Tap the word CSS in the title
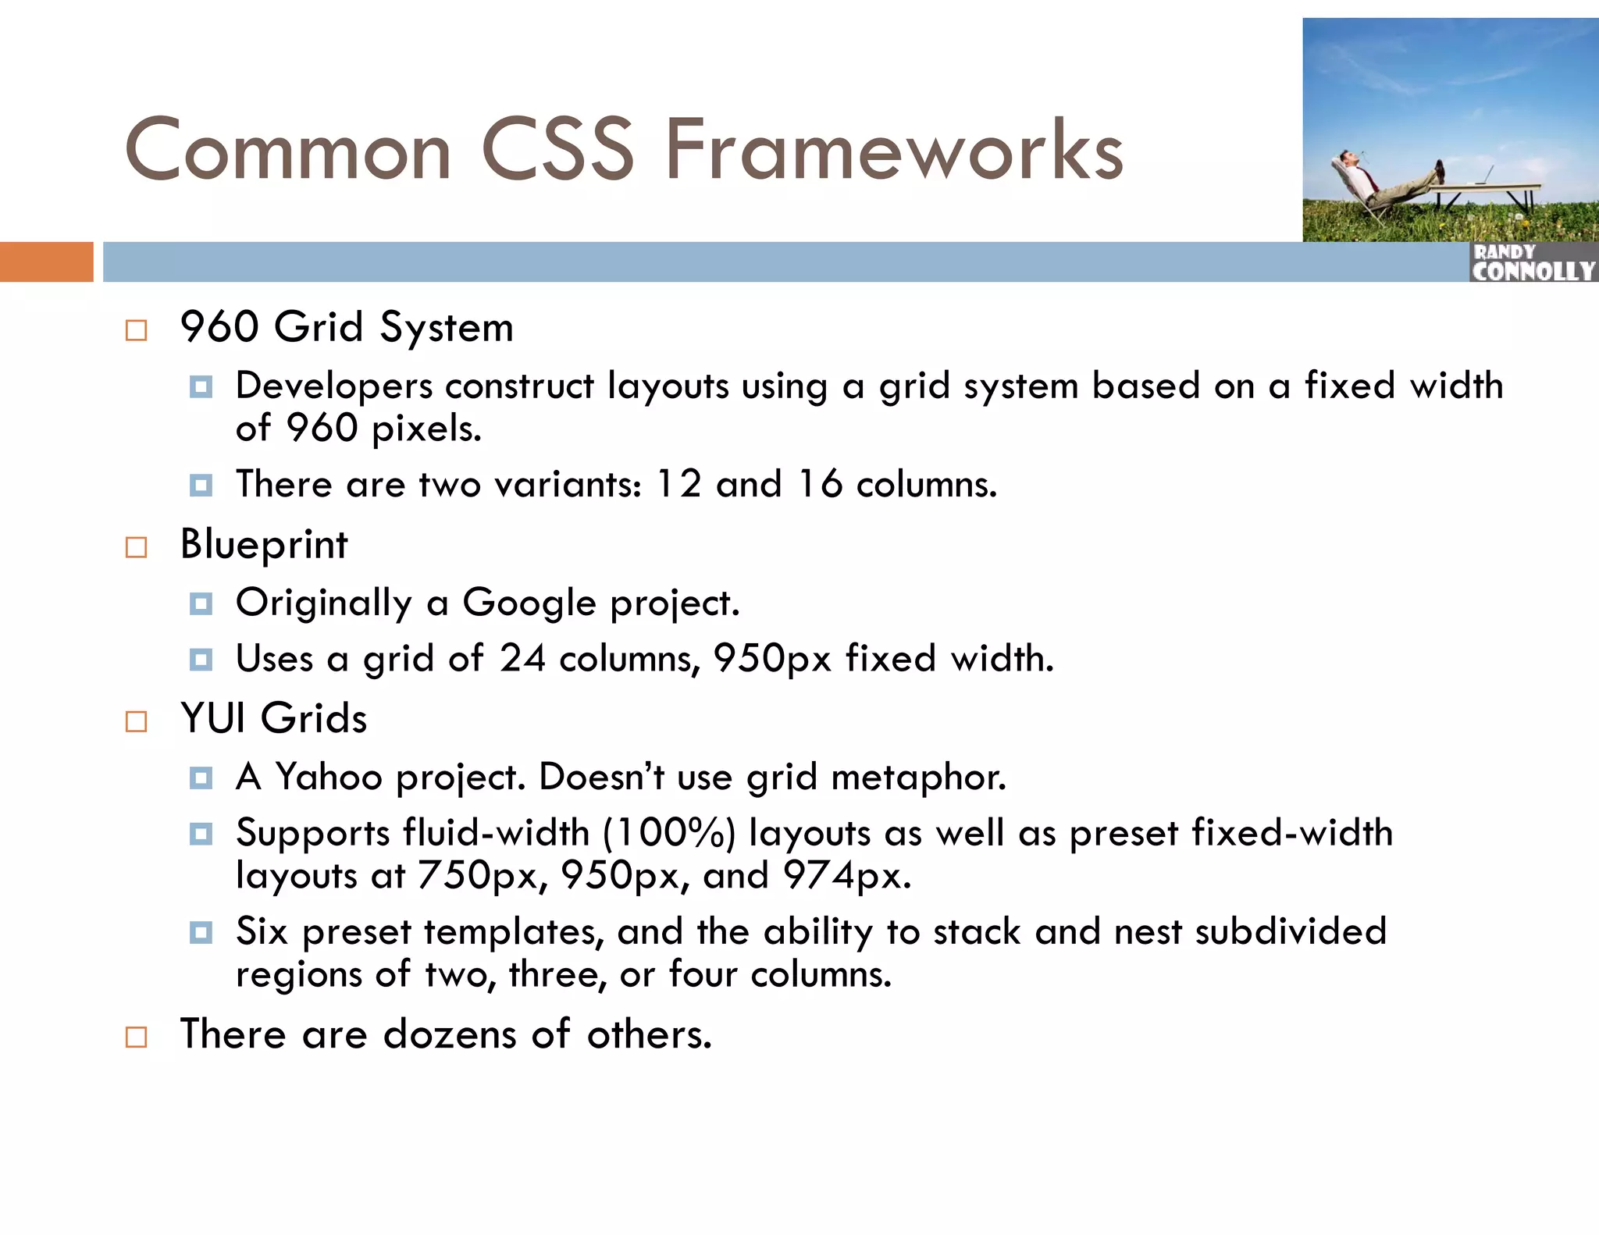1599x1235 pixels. (557, 150)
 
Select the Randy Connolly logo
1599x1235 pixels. (1533, 263)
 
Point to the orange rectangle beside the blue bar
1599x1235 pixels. (46, 262)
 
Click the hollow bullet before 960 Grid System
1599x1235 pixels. (136, 330)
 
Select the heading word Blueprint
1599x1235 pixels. (263, 544)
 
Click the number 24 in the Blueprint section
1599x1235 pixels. (522, 658)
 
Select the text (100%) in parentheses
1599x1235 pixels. (669, 833)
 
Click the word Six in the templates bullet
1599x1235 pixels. (262, 931)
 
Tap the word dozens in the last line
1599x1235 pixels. (450, 1034)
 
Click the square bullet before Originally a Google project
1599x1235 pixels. (201, 604)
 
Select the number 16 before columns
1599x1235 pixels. (820, 484)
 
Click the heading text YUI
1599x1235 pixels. (212, 718)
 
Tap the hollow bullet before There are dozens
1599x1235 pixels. (136, 1037)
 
